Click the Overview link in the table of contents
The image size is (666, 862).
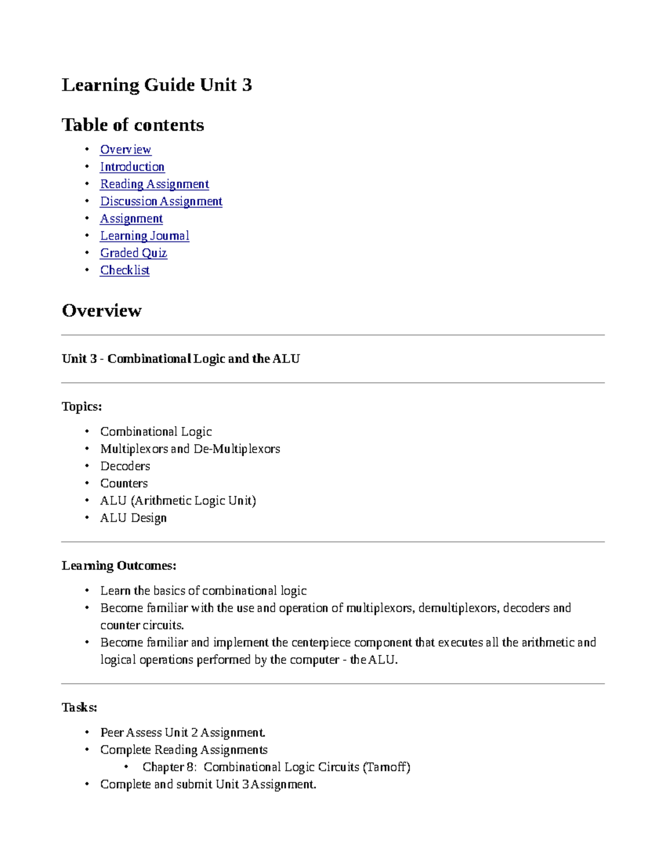coord(125,150)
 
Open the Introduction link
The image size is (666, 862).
coord(132,167)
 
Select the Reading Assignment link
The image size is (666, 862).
coord(154,184)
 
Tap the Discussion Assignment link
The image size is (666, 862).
coord(161,201)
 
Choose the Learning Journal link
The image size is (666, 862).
coord(144,236)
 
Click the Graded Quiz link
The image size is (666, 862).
coord(133,253)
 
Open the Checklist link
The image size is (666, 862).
coord(125,270)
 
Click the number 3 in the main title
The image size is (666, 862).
coord(246,85)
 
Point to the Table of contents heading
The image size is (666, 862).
coord(133,125)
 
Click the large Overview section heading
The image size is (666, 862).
coord(102,310)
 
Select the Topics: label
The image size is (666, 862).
coord(82,407)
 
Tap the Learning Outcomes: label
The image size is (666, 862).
coord(119,566)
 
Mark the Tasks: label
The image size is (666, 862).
coord(79,708)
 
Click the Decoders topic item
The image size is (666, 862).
coord(125,466)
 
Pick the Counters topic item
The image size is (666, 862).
coord(124,483)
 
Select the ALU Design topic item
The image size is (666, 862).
coord(133,518)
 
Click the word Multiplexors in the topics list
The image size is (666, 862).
coord(134,449)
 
